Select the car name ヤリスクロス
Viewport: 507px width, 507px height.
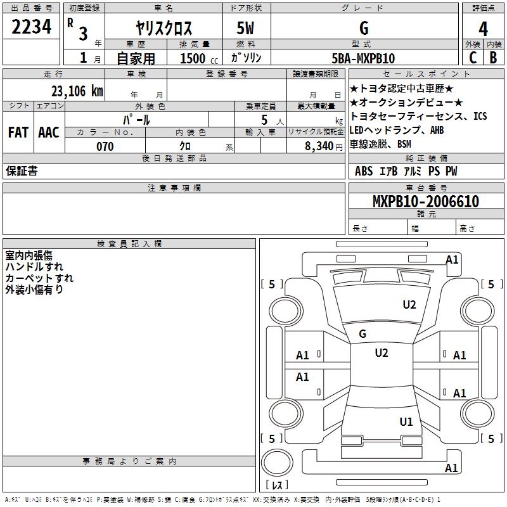tap(164, 29)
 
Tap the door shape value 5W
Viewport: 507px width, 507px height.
tap(247, 29)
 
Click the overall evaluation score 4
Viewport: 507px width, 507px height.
tap(483, 29)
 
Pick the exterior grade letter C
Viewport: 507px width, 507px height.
tap(472, 58)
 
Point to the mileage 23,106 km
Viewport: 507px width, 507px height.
tap(74, 91)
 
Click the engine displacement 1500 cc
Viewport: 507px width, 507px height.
tap(196, 58)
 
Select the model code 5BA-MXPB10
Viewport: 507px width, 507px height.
tap(364, 58)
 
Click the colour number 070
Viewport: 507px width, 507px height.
tap(105, 146)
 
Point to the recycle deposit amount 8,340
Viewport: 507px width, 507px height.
tap(319, 146)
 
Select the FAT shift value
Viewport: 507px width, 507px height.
tap(18, 132)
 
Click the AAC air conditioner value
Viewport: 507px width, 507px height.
tap(49, 132)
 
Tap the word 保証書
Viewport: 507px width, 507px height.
tap(22, 171)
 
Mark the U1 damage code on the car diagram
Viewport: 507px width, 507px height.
tap(406, 421)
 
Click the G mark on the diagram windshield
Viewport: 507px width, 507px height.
tap(363, 333)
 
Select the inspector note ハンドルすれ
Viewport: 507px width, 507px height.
tap(34, 267)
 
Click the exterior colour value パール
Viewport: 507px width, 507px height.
tap(136, 120)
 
